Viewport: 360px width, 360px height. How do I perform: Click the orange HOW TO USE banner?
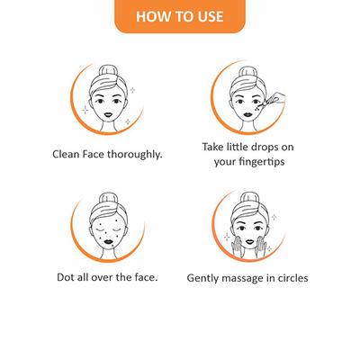click(180, 16)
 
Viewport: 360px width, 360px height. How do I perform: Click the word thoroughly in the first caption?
click(135, 155)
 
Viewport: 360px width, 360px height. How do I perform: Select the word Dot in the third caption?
click(65, 277)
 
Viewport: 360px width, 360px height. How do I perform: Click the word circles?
click(292, 278)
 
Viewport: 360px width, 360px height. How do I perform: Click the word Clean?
click(62, 155)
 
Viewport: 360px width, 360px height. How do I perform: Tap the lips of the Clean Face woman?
click(108, 115)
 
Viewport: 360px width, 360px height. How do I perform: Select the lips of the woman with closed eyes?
click(108, 240)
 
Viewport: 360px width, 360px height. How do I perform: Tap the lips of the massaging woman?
click(249, 241)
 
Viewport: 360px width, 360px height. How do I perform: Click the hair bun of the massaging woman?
click(249, 199)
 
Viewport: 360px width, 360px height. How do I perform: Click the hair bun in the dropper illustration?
click(248, 73)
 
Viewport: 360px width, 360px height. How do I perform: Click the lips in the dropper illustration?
click(248, 114)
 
